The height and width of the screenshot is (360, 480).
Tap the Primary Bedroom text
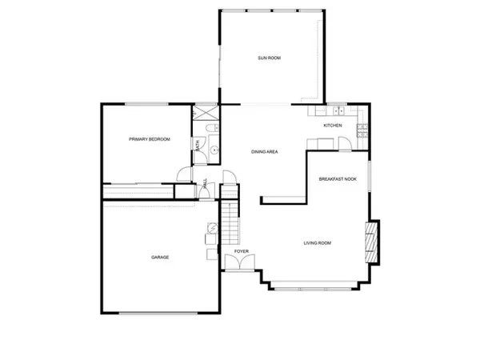[150, 139]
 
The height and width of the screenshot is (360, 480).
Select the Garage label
[160, 257]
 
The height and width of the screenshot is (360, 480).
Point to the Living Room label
[317, 243]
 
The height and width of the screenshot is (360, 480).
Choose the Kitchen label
[333, 126]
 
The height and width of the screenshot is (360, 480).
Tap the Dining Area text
[264, 152]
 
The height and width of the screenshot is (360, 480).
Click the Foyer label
[242, 252]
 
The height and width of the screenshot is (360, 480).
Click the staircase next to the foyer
[230, 221]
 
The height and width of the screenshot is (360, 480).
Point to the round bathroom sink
[214, 148]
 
